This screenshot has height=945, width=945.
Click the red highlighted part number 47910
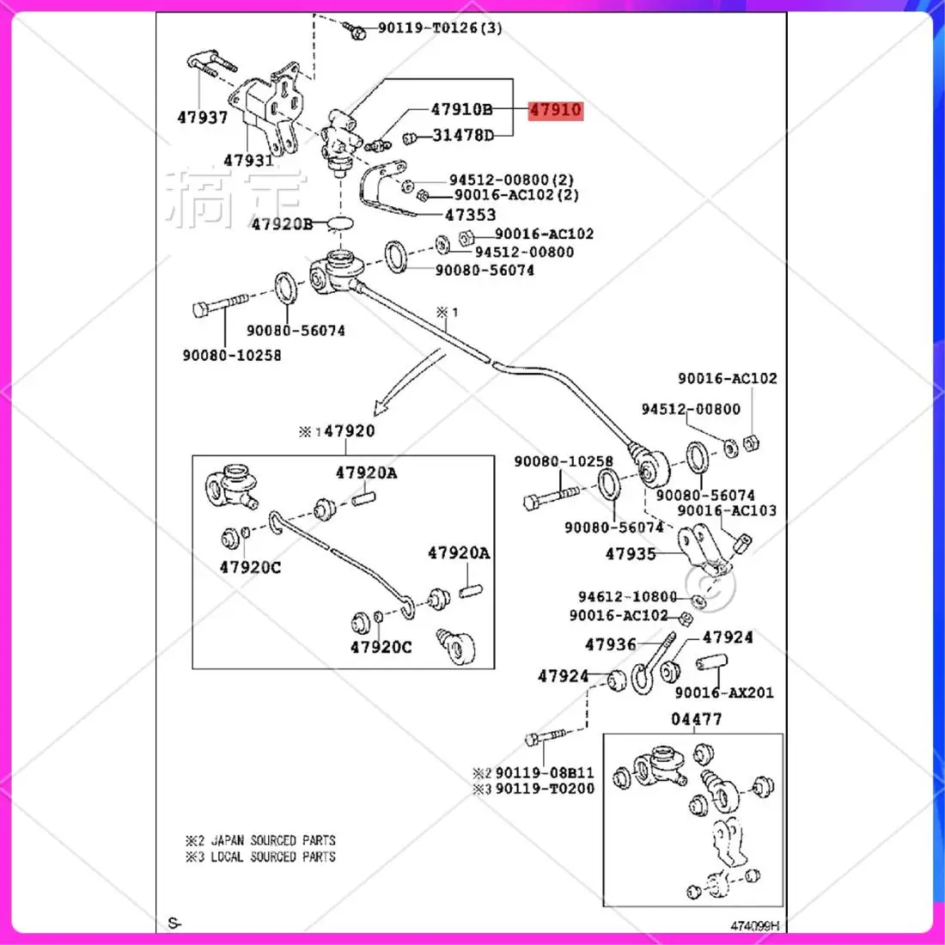pyautogui.click(x=555, y=110)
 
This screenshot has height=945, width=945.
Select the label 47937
pyautogui.click(x=203, y=118)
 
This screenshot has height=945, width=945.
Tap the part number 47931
pyautogui.click(x=248, y=161)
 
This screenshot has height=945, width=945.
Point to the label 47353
pyautogui.click(x=470, y=216)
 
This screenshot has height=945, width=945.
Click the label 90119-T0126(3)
pyautogui.click(x=440, y=28)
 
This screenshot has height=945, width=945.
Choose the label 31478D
pyautogui.click(x=463, y=136)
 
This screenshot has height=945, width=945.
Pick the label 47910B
pyautogui.click(x=461, y=110)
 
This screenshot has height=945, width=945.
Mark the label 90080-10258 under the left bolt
pyautogui.click(x=232, y=355)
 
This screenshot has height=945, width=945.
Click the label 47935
pyautogui.click(x=631, y=554)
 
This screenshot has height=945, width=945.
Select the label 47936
pyautogui.click(x=611, y=644)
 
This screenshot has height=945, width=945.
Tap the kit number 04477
pyautogui.click(x=696, y=719)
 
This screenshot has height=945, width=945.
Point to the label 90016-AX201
pyautogui.click(x=724, y=692)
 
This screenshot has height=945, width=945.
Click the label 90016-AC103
pyautogui.click(x=727, y=510)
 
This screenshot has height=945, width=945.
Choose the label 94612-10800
pyautogui.click(x=627, y=597)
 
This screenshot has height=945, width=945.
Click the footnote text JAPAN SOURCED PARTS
pyautogui.click(x=273, y=840)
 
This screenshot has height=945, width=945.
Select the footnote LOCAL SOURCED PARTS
pyautogui.click(x=273, y=857)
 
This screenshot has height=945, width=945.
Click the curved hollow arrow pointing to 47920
pyautogui.click(x=410, y=379)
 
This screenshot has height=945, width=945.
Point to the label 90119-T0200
pyautogui.click(x=545, y=789)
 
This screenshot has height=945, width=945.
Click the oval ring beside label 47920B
pyautogui.click(x=341, y=223)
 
